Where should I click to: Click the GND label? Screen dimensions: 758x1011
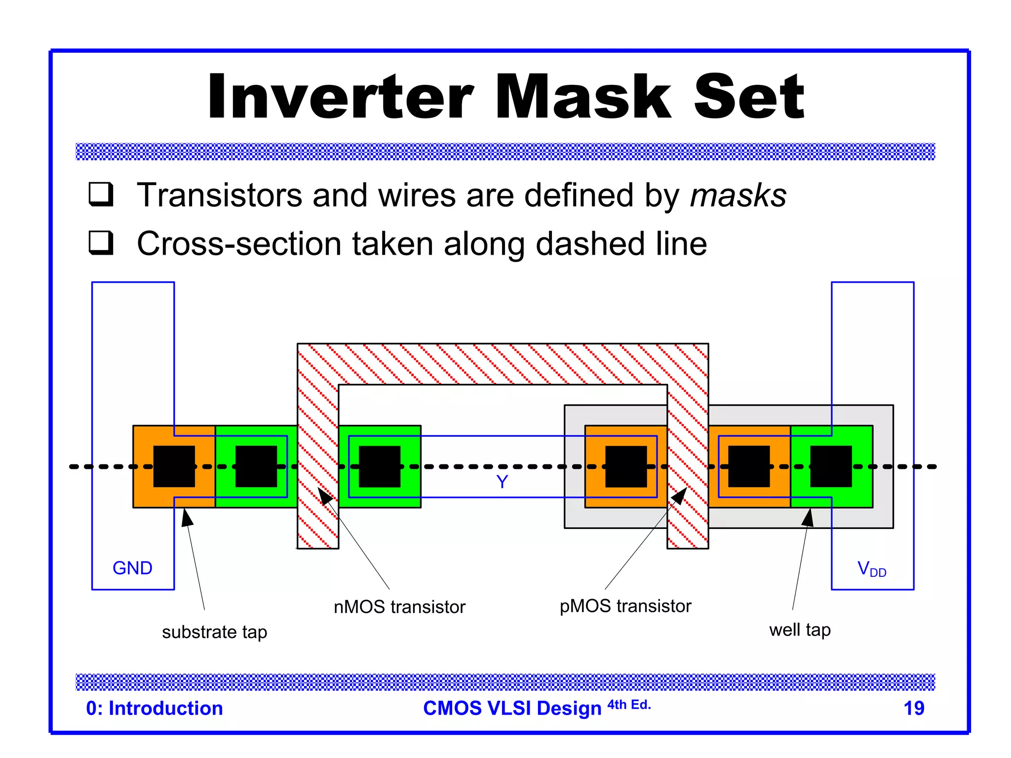132,568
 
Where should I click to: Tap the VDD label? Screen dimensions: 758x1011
871,569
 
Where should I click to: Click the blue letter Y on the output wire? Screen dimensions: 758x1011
502,482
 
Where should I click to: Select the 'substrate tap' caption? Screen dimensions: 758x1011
214,632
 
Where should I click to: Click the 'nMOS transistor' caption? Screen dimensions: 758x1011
399,607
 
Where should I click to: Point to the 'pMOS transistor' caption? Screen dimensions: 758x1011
625,606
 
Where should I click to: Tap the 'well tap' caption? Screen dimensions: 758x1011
800,630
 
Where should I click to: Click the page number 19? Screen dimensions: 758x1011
913,708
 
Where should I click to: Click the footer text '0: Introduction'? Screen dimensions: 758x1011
155,708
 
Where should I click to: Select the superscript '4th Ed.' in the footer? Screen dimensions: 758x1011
629,705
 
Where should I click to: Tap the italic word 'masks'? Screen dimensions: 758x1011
738,195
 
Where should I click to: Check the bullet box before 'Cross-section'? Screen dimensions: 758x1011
101,243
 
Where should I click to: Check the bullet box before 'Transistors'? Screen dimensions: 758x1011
101,194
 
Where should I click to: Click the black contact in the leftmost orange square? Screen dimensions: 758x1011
174,466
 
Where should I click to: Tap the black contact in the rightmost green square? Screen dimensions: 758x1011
831,466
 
